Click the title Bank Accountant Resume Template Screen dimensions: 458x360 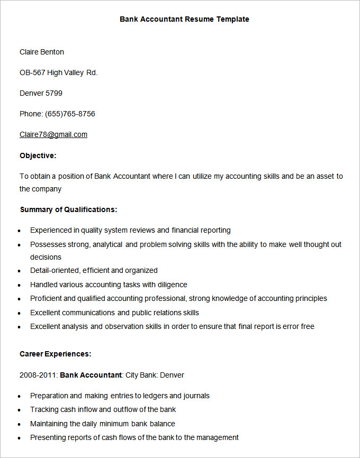(x=184, y=19)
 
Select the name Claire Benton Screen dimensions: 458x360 (x=42, y=52)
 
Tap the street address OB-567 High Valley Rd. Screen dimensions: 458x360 (x=59, y=72)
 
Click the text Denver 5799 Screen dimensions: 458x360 (x=41, y=93)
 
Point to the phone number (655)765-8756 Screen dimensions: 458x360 (x=70, y=114)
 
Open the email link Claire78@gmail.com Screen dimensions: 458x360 (x=53, y=134)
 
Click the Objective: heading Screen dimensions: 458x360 (x=38, y=155)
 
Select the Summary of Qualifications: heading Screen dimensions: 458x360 (x=68, y=209)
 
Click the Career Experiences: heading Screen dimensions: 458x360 (x=56, y=354)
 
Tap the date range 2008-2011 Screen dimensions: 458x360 (x=38, y=375)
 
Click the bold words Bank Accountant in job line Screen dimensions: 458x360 (x=91, y=375)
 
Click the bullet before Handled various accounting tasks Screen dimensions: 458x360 (x=20, y=286)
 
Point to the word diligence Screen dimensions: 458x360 (x=171, y=285)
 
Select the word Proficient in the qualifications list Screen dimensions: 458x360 (x=46, y=298)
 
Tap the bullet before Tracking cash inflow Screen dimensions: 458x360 (x=20, y=410)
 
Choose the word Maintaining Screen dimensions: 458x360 (x=51, y=424)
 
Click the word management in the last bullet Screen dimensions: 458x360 (x=217, y=437)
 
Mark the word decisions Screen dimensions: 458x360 (x=46, y=257)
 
